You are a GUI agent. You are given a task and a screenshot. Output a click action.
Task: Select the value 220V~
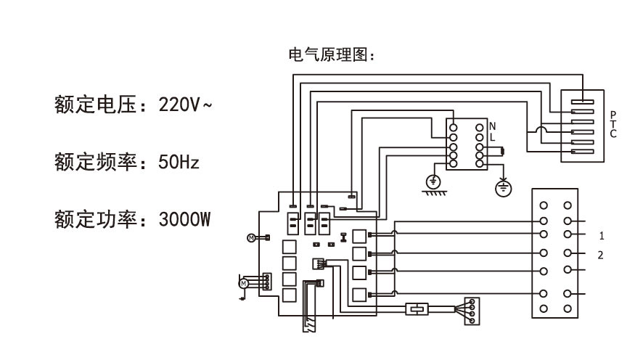(186, 105)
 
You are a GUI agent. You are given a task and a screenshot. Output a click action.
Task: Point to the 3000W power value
(184, 218)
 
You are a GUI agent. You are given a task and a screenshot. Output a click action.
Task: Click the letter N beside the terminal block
(493, 126)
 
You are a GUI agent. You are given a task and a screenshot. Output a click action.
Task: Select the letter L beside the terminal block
(493, 136)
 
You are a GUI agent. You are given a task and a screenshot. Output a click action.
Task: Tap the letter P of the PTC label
(613, 115)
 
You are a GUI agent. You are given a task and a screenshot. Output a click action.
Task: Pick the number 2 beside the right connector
(601, 255)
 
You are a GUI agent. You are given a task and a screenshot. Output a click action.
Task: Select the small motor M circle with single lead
(251, 237)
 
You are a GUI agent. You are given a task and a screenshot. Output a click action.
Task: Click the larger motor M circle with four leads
(245, 282)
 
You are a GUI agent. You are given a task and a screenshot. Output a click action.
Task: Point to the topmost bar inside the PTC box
(582, 102)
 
